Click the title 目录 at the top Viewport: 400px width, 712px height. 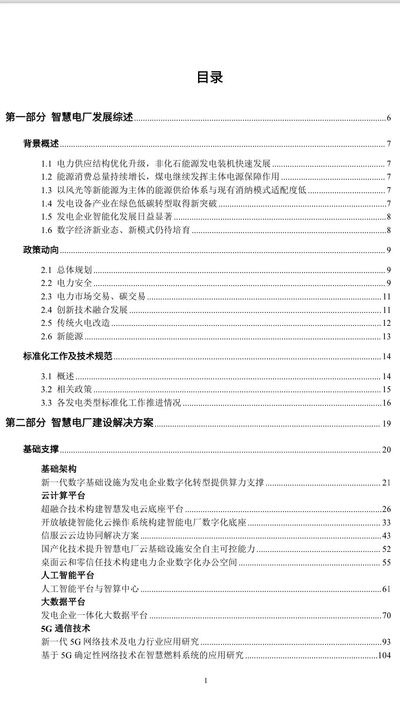coord(210,77)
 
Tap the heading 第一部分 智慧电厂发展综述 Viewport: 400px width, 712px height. coord(69,117)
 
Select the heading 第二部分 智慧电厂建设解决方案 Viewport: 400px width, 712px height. coord(79,423)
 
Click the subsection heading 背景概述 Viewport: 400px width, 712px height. coord(41,144)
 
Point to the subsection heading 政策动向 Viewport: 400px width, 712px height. coord(41,250)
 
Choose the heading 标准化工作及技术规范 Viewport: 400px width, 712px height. coord(68,356)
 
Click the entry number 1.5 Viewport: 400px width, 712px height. coord(46,217)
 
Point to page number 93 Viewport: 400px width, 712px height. coord(387,642)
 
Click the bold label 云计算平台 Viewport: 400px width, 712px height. coord(63,495)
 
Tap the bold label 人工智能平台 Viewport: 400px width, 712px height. coord(68,575)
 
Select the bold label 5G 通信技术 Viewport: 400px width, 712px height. coord(66,629)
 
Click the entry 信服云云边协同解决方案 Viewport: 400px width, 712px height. coord(90,535)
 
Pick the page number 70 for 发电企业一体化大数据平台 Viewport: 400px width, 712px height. coord(387,615)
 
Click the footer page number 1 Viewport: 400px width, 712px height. coord(206,680)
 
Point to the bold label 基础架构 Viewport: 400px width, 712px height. coord(59,469)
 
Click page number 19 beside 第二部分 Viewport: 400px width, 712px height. coord(387,423)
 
